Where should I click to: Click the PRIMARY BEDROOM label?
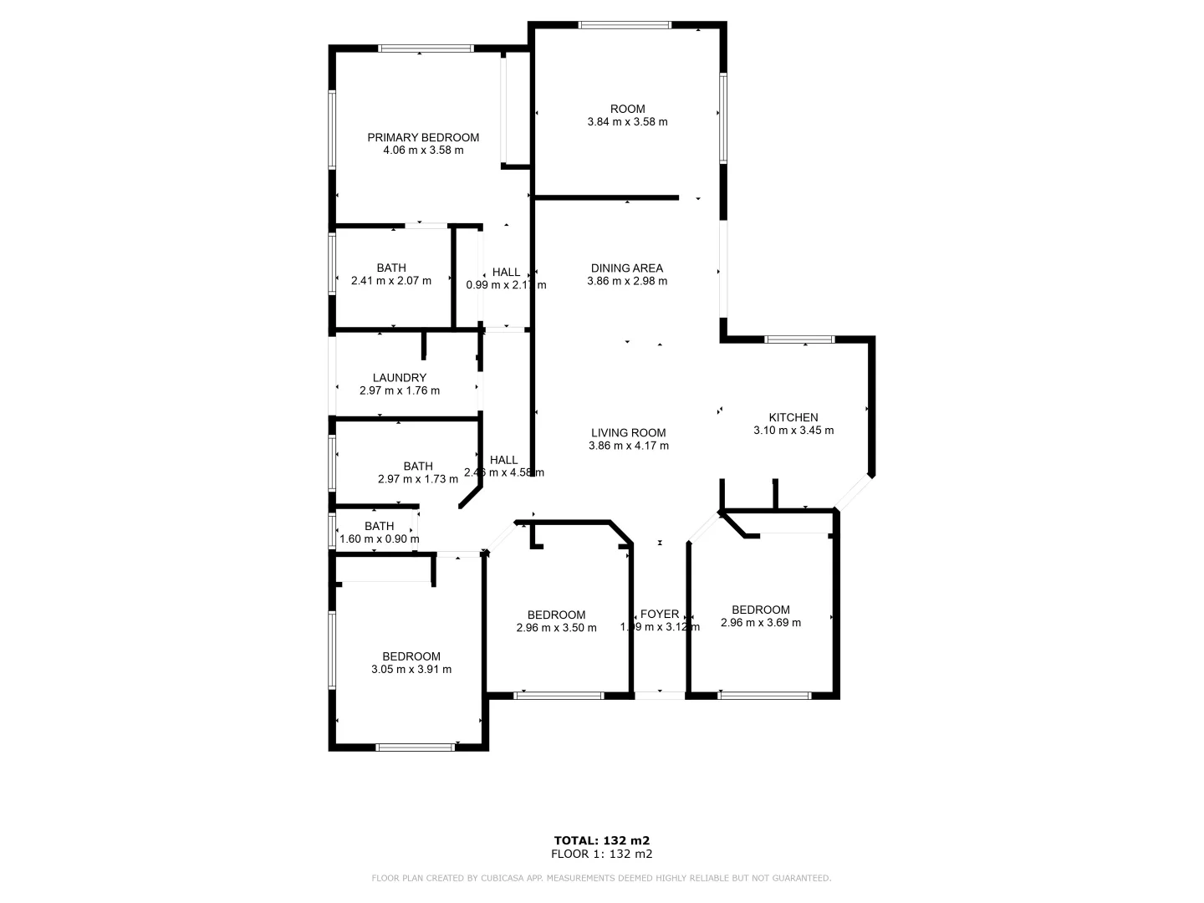point(423,138)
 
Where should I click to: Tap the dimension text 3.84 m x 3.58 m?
point(627,122)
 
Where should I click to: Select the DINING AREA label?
point(627,268)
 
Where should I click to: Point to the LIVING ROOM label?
point(628,433)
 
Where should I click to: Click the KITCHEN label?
point(793,418)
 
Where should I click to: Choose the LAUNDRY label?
point(400,378)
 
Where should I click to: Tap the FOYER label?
point(660,615)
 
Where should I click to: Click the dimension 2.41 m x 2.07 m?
point(391,281)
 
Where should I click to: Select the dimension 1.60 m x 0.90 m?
point(380,539)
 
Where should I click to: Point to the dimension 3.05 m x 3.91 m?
point(411,670)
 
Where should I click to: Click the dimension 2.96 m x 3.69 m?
point(761,623)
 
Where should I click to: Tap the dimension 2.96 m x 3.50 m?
point(556,628)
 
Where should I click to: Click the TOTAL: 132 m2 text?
point(602,840)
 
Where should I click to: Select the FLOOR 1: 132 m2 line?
point(602,854)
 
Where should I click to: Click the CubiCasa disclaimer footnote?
point(601,878)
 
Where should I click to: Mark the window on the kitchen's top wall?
point(800,339)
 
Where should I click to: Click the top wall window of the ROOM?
point(625,25)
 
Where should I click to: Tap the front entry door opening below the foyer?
point(660,695)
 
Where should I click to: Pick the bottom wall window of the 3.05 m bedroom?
point(416,747)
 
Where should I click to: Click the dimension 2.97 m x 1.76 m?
point(400,390)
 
